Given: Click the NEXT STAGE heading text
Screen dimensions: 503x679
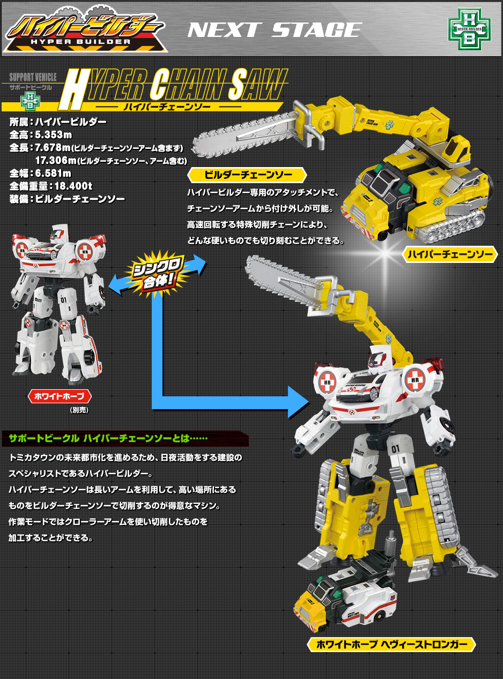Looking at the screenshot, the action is [275, 30].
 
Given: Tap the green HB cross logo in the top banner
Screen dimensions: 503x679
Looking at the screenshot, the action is [469, 29].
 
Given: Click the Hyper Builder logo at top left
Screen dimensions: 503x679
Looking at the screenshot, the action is [85, 29].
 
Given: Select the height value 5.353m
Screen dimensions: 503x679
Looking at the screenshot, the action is [54, 135].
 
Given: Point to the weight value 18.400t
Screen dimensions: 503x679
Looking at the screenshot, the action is [73, 186].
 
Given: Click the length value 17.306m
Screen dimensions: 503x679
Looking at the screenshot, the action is [56, 160].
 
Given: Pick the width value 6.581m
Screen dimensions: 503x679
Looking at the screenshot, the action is [53, 173].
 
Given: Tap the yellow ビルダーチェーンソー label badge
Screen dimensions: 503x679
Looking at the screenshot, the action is [247, 175].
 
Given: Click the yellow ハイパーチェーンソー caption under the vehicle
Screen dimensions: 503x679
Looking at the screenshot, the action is [449, 254].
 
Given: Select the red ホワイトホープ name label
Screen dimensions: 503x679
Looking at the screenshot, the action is [60, 396].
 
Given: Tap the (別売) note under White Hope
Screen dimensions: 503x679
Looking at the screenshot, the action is [79, 410].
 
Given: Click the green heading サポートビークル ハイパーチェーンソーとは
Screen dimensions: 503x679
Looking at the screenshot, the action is [108, 439].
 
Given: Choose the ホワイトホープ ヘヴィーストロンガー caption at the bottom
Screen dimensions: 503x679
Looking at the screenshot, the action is [391, 644].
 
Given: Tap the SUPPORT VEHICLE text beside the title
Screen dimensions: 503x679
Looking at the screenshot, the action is [33, 77].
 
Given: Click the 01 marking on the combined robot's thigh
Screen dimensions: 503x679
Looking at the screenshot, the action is [395, 449].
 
